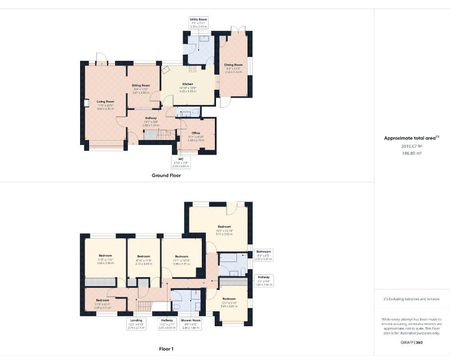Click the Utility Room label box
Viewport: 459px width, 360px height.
click(x=198, y=23)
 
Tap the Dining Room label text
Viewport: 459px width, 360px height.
click(x=233, y=65)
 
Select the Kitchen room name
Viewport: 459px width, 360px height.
click(x=187, y=84)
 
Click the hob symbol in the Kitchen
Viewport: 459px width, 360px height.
click(x=192, y=69)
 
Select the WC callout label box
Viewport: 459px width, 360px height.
click(x=181, y=162)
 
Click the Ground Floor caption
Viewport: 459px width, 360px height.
click(x=166, y=175)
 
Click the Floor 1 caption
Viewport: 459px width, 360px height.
click(x=166, y=349)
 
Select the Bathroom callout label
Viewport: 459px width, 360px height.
click(x=264, y=254)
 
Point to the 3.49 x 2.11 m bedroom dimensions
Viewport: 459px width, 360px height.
click(x=102, y=307)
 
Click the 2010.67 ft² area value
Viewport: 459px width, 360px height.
click(x=412, y=146)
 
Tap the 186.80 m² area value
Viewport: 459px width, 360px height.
click(x=412, y=153)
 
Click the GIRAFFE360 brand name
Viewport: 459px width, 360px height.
click(x=412, y=343)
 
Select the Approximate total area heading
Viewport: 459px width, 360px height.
click(x=412, y=138)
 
